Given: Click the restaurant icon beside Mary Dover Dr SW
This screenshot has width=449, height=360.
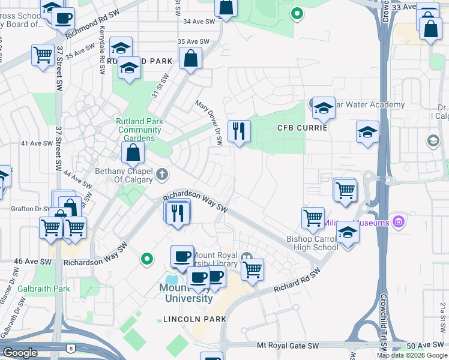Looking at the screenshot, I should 239,130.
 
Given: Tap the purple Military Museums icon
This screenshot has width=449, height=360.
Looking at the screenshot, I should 397,222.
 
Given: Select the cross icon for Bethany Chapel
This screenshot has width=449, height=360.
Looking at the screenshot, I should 161,175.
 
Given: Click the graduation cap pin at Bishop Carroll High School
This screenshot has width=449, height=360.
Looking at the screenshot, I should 348,232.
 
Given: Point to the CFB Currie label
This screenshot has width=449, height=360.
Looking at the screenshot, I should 303,128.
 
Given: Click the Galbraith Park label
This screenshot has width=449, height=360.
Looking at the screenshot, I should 35,289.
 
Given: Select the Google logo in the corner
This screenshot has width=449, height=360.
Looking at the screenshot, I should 20,353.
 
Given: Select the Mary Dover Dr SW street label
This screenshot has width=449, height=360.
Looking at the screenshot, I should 209,123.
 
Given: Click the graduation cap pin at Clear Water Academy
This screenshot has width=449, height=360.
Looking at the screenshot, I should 324,107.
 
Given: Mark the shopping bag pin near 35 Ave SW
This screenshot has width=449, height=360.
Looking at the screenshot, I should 190,59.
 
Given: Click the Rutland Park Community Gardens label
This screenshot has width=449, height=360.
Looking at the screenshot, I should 140,130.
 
